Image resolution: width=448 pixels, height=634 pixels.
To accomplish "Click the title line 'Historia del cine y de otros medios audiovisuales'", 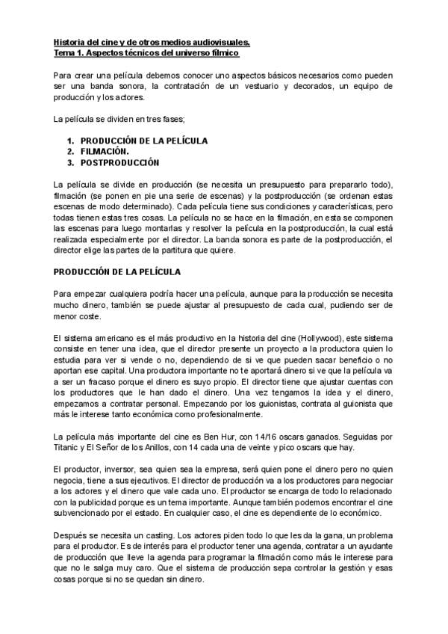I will (x=152, y=43).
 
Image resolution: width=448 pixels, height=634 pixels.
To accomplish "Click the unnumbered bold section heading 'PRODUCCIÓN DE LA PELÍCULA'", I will (x=117, y=271).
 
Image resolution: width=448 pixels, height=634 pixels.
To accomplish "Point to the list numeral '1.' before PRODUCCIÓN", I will (x=70, y=140).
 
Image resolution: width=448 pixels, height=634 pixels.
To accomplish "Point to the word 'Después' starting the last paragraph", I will (x=71, y=535).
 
